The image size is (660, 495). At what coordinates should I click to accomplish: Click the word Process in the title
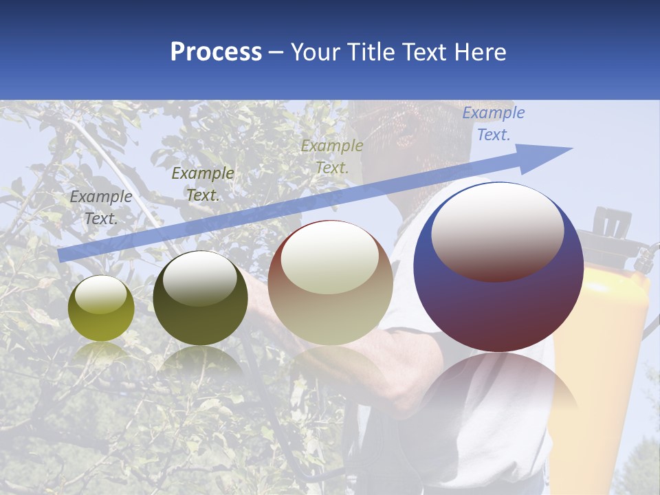(216, 52)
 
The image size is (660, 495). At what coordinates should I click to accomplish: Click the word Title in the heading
(369, 52)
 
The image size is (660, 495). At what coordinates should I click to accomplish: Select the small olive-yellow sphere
(101, 309)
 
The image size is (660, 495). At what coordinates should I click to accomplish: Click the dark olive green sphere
(200, 298)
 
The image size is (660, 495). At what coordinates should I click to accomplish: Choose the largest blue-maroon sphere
(498, 267)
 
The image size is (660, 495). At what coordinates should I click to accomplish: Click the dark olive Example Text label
(203, 184)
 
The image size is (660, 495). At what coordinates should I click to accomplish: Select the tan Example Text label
(332, 156)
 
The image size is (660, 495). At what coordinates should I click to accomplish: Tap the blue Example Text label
(493, 124)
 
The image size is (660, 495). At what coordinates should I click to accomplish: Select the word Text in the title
(423, 52)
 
